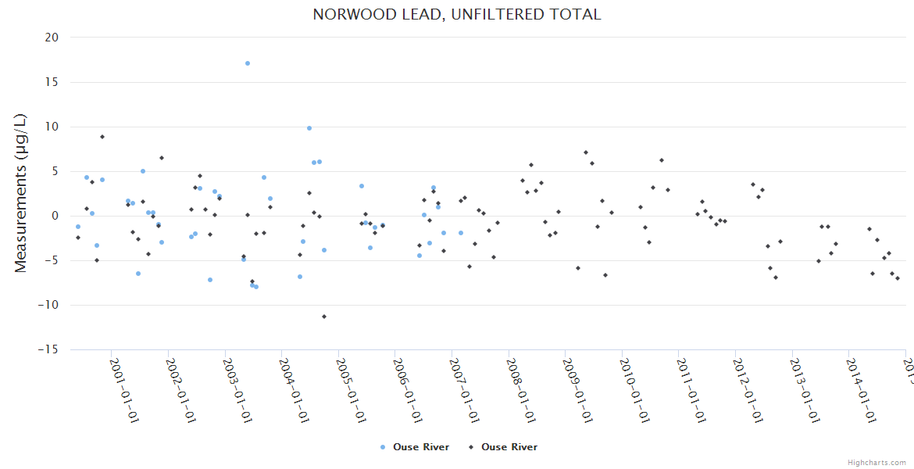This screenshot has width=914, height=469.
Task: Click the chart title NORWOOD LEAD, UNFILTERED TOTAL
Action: click(457, 15)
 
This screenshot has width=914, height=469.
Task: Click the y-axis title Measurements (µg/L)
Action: click(21, 193)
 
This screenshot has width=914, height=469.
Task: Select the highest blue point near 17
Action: click(248, 63)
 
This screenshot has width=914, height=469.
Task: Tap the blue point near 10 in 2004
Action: click(309, 128)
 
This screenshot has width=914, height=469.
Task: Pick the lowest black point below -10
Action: click(324, 317)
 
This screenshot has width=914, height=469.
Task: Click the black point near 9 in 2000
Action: click(102, 137)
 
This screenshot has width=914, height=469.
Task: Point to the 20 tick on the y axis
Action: click(52, 38)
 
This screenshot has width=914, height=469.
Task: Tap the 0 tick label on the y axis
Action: click(55, 217)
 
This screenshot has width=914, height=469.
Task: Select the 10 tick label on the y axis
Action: click(52, 127)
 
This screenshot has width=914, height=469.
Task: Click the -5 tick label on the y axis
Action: click(52, 261)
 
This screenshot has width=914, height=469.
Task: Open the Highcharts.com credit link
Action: click(877, 462)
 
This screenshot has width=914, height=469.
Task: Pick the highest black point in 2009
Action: click(586, 152)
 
